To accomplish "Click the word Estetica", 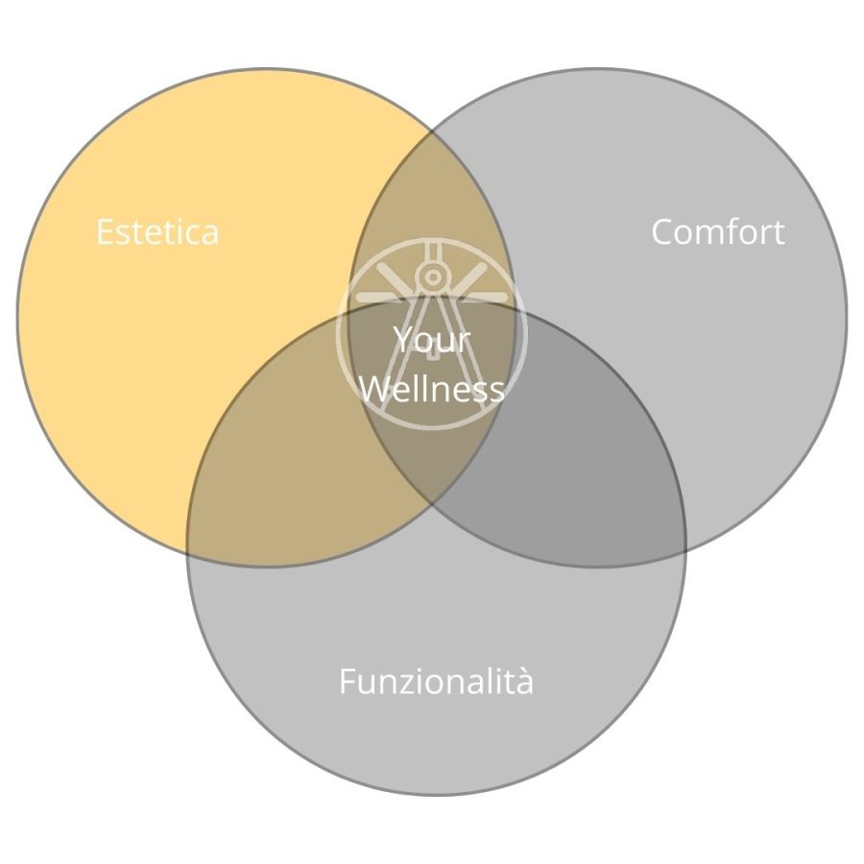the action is (x=157, y=231).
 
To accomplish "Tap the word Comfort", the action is (x=718, y=231).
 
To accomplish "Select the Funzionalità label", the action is (x=436, y=681).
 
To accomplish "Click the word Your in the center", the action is (x=432, y=339).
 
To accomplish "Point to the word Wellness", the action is (x=432, y=388).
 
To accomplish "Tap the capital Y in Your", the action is (x=404, y=339).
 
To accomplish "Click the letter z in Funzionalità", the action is (x=405, y=684).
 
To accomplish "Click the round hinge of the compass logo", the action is (x=433, y=276).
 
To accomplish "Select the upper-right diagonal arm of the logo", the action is (x=468, y=277).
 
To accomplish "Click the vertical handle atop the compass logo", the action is (x=433, y=252).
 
